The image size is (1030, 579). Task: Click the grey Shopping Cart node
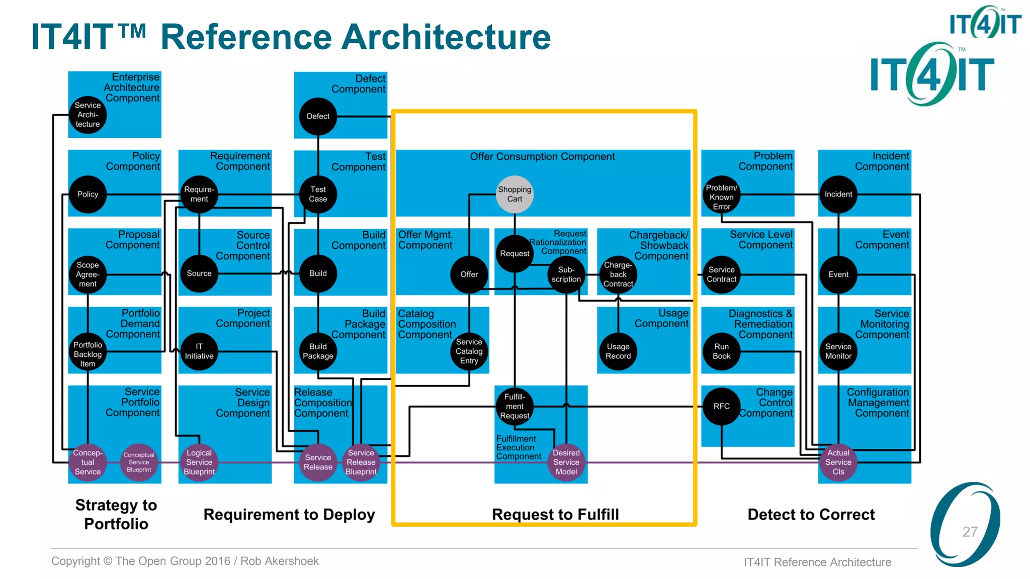pos(514,194)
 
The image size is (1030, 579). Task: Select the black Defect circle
pos(318,116)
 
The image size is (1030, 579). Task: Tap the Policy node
pos(88,194)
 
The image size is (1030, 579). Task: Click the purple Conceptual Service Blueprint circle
pos(139,462)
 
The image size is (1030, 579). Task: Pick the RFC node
pos(721,406)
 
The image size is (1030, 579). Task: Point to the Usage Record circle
pos(618,351)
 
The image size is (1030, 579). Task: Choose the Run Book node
pos(721,351)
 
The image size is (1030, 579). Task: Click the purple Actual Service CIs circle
pos(838,462)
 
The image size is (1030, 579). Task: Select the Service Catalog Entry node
pos(469,351)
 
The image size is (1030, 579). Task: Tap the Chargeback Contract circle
pos(618,274)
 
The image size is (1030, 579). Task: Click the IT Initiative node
pos(199,351)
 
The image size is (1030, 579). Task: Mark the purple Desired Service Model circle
pos(566,462)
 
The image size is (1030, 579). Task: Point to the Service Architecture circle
pos(88,115)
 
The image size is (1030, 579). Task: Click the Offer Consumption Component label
pos(542,157)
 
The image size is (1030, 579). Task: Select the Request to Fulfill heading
pos(555,515)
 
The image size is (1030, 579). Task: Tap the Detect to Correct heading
pos(811,515)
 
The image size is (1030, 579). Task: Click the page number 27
pos(970,532)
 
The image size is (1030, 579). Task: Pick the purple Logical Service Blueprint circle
pos(199,462)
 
